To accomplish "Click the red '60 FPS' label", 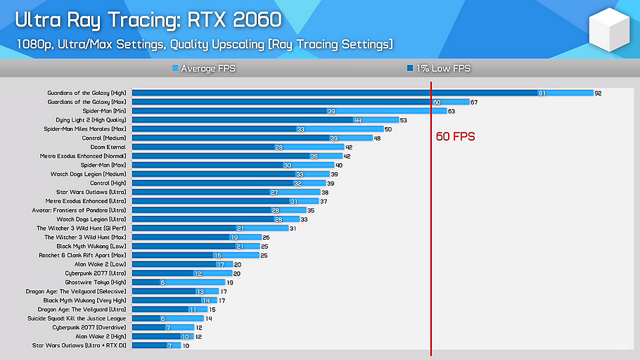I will [455, 136].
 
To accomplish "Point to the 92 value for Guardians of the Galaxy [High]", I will [598, 93].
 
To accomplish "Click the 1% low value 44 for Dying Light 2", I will [357, 120].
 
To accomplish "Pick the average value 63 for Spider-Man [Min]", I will [452, 111].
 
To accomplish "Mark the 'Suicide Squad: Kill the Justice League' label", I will [82, 319].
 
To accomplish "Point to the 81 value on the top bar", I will [542, 93].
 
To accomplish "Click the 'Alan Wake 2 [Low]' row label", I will [100, 264].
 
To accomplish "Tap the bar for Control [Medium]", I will [232, 138].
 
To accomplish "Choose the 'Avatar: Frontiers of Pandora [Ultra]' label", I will [79, 210].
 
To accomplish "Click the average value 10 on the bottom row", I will [186, 345].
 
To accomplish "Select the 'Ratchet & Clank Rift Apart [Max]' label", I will [82, 255].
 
